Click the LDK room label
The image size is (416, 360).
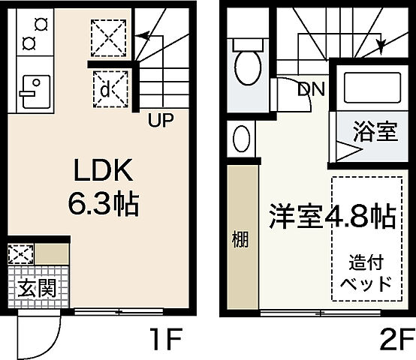[x=103, y=172]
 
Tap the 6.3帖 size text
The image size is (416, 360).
[x=103, y=203]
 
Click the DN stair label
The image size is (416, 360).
[x=310, y=89]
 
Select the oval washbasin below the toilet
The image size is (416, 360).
[x=242, y=139]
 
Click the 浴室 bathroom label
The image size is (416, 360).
[x=375, y=133]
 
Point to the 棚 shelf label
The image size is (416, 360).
[x=240, y=240]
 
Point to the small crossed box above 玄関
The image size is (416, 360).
[x=21, y=253]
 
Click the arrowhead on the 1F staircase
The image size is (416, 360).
[x=143, y=34]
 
